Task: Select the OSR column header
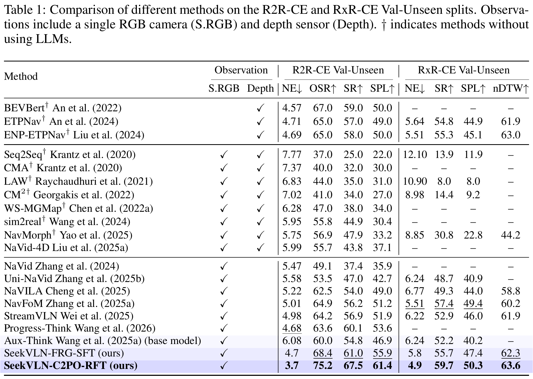pos(322,89)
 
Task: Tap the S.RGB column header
pos(224,89)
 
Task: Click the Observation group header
pos(241,70)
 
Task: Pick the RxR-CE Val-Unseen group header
pos(464,70)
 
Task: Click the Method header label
pos(21,76)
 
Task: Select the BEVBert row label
pos(63,108)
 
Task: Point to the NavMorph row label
pos(68,235)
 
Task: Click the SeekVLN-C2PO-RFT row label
pos(71,366)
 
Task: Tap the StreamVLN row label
pos(69,316)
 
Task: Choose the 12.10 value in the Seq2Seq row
pos(415,155)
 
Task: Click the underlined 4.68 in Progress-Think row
pos(292,329)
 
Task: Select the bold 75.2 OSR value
pos(322,366)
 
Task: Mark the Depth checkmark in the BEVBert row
pos(260,108)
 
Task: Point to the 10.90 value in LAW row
pos(415,182)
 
